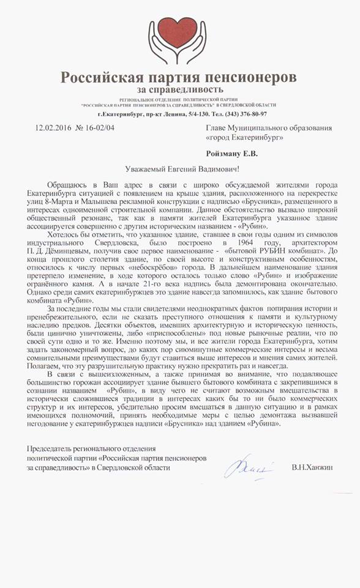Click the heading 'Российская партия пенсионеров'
click(x=178, y=78)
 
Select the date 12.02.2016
click(x=51, y=129)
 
